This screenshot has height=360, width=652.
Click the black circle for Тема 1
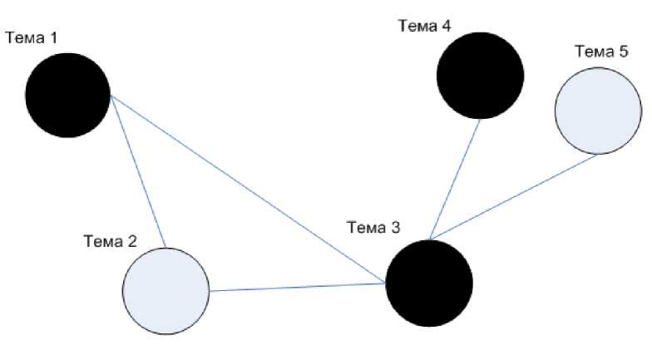coord(68,95)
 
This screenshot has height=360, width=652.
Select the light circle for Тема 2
coord(165,290)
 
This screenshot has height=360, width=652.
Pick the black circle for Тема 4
coord(480,76)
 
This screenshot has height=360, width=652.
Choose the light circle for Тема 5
coord(598,111)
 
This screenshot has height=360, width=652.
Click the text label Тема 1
coord(31,38)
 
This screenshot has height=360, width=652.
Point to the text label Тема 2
coord(110,241)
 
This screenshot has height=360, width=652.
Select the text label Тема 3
coord(372,228)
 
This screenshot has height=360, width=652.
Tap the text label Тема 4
coord(424,26)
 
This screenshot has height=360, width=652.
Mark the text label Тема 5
coord(601,52)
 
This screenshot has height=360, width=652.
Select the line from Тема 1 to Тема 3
coord(249,190)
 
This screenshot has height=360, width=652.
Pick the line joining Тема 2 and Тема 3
coord(298,287)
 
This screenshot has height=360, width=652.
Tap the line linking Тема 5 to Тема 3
coord(514,199)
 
